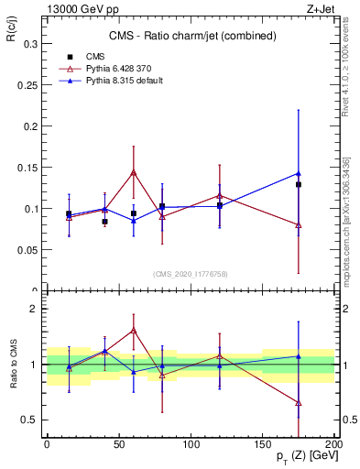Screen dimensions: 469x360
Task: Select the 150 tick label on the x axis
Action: click(x=263, y=443)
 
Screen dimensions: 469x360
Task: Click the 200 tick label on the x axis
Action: click(x=334, y=443)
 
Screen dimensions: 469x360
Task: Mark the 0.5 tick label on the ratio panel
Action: click(x=30, y=420)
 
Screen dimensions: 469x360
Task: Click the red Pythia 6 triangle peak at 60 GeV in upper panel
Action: click(x=134, y=171)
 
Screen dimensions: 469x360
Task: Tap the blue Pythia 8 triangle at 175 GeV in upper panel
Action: click(x=299, y=173)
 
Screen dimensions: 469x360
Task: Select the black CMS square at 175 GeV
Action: click(x=299, y=184)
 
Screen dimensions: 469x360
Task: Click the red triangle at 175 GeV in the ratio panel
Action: click(x=299, y=402)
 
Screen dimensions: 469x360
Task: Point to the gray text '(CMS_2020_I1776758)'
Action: click(x=191, y=274)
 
